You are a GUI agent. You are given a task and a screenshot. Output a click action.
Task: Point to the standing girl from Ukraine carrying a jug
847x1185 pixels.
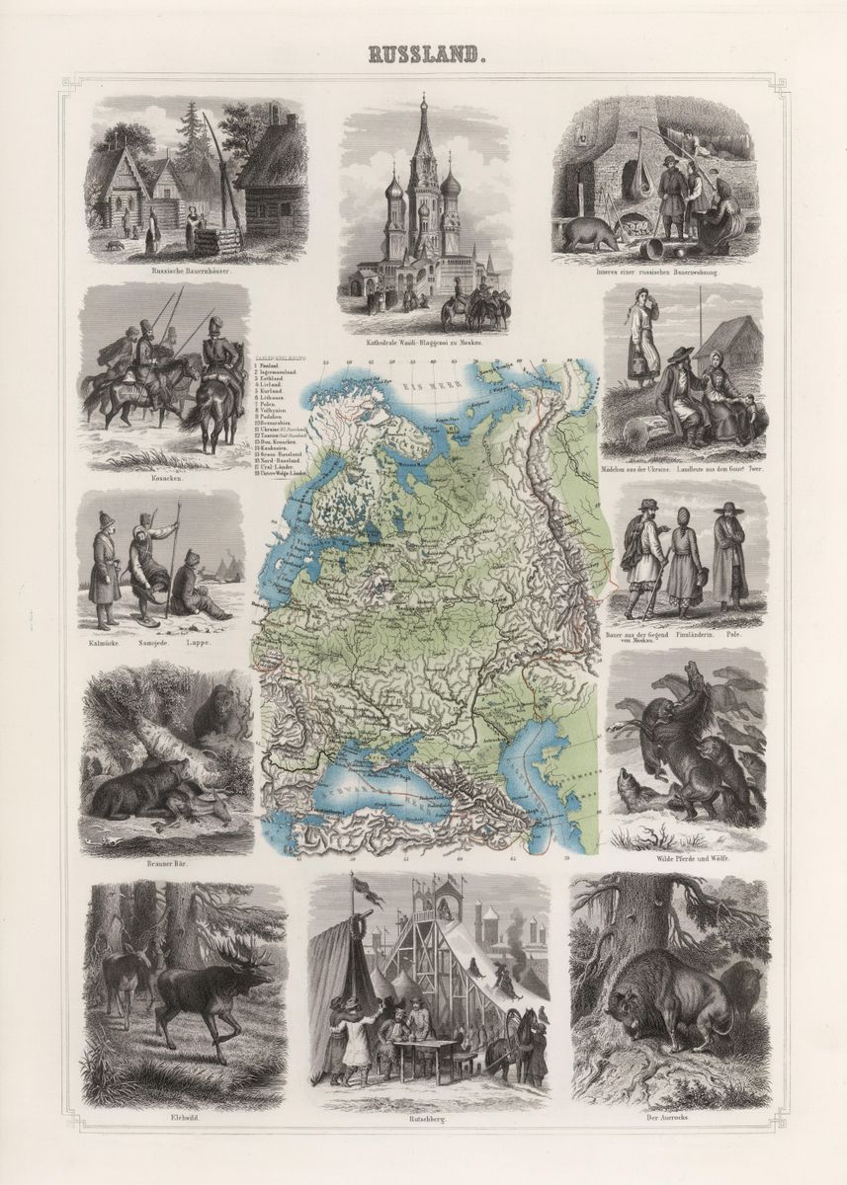(x=640, y=341)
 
